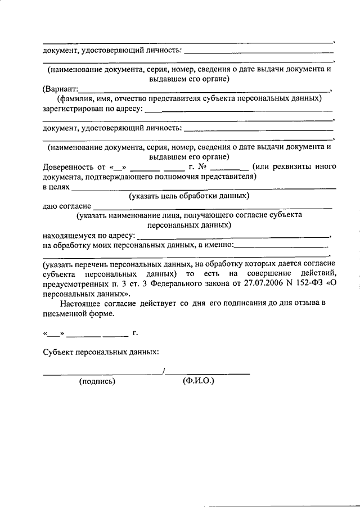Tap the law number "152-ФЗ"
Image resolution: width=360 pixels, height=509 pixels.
pyautogui.click(x=315, y=283)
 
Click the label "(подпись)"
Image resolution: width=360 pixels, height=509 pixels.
pyautogui.click(x=97, y=381)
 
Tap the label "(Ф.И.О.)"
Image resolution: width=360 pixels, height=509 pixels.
pyautogui.click(x=199, y=381)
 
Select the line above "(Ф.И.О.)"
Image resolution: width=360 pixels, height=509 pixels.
pyautogui.click(x=208, y=373)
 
